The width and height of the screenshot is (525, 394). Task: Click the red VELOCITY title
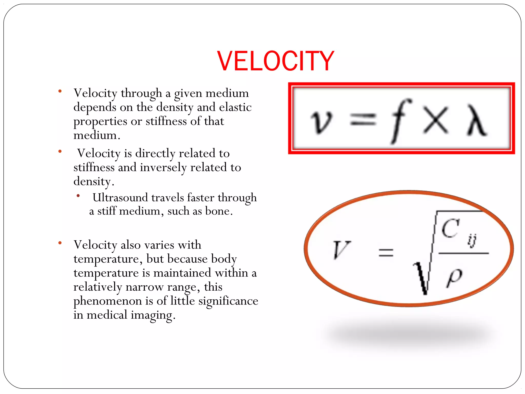[x=276, y=61]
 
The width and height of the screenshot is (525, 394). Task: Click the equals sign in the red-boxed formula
[x=363, y=120]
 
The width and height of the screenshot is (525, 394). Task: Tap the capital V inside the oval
[x=341, y=249]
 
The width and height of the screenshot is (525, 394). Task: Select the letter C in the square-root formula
[x=450, y=228]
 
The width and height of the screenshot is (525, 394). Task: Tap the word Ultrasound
[x=120, y=198]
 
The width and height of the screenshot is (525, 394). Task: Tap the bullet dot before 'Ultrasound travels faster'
[x=78, y=196]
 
